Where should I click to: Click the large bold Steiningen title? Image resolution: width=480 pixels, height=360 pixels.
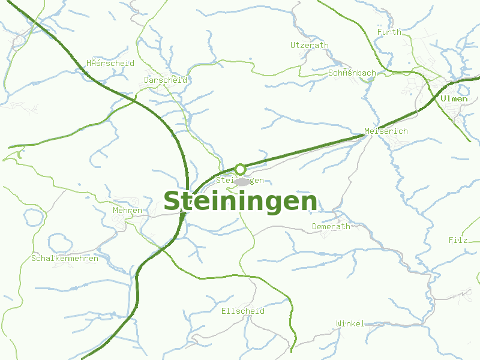[x=240, y=202]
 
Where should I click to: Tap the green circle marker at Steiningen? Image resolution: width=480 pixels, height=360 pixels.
[x=240, y=169]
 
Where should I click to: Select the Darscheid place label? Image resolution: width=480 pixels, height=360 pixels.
[x=166, y=80]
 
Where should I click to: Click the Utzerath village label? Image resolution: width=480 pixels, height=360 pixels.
[x=310, y=45]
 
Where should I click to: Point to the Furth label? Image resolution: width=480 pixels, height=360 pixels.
[x=389, y=32]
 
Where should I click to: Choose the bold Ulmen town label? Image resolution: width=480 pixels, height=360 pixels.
[x=454, y=98]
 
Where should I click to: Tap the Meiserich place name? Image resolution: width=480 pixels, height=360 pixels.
[x=386, y=131]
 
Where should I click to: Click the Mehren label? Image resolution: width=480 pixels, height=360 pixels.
[x=127, y=211]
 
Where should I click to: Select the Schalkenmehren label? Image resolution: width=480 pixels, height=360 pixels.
[x=64, y=258]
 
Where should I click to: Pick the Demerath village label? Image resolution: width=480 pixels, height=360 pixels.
[x=331, y=226]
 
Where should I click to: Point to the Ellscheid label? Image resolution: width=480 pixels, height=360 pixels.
[x=242, y=311]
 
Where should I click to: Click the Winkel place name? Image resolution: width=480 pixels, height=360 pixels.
[x=350, y=323]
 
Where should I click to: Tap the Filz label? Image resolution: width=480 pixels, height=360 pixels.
[x=458, y=240]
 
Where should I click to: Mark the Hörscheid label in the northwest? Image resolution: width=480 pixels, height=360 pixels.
[x=110, y=63]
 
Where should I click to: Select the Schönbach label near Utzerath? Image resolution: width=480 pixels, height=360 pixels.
[x=352, y=73]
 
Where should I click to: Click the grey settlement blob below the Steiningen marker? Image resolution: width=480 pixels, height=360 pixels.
[x=242, y=182]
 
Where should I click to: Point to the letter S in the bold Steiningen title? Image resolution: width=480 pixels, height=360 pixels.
[x=172, y=202]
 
